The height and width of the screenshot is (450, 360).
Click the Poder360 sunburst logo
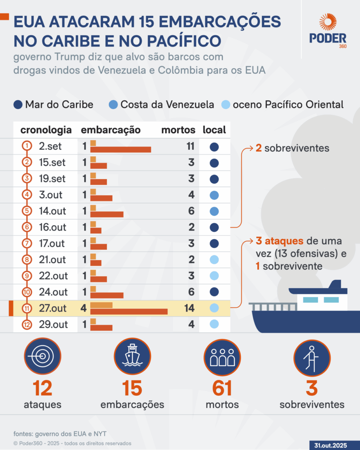click(328, 22)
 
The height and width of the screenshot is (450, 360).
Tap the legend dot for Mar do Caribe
click(18, 104)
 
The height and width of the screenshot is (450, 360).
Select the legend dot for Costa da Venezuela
click(113, 104)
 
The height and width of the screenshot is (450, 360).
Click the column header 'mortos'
click(178, 130)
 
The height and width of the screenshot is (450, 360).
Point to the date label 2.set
click(50, 146)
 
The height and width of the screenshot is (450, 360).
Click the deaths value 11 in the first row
click(190, 146)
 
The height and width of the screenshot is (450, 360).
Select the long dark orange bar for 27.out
click(129, 311)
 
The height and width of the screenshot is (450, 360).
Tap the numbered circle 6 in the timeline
click(27, 227)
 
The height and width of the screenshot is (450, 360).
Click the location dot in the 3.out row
click(214, 195)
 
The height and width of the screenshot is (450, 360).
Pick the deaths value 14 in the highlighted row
click(189, 308)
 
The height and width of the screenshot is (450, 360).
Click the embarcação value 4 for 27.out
click(83, 308)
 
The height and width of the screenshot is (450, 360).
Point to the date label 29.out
click(53, 324)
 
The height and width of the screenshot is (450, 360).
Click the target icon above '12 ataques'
click(43, 356)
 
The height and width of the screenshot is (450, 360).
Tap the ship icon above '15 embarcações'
click(133, 356)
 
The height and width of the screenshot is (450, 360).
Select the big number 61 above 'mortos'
click(222, 388)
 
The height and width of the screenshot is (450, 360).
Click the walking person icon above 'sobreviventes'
click(312, 358)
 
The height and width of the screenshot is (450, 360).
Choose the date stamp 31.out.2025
click(330, 445)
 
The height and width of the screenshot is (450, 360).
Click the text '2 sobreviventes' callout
click(292, 148)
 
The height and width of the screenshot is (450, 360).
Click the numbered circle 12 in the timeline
click(27, 324)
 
